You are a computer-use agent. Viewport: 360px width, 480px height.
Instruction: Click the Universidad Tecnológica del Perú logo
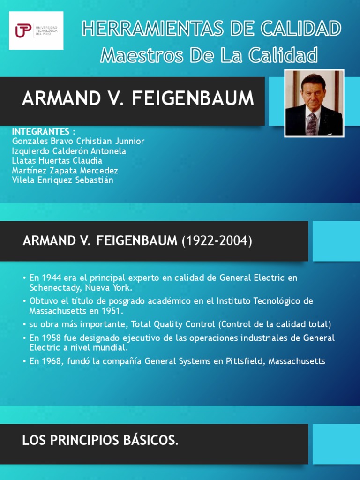click(36, 31)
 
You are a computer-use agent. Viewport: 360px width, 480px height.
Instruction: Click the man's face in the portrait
click(314, 93)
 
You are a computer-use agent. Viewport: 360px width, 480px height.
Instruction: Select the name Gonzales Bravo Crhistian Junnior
click(78, 141)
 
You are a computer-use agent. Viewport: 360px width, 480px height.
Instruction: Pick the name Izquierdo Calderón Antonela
click(69, 151)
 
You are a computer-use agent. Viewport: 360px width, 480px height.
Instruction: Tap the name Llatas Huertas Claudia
click(57, 161)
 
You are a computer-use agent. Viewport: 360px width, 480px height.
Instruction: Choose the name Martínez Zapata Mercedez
click(65, 171)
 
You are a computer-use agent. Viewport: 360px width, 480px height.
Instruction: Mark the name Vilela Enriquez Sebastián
click(62, 180)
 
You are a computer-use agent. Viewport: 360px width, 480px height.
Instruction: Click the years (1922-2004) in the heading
click(217, 241)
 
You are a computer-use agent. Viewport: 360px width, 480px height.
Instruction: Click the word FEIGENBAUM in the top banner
click(193, 99)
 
